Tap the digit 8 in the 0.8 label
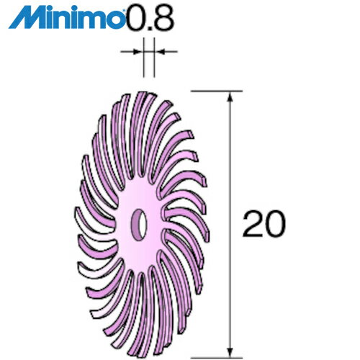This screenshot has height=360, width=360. pyautogui.click(x=163, y=16)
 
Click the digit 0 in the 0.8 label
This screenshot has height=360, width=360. pyautogui.click(x=134, y=16)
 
